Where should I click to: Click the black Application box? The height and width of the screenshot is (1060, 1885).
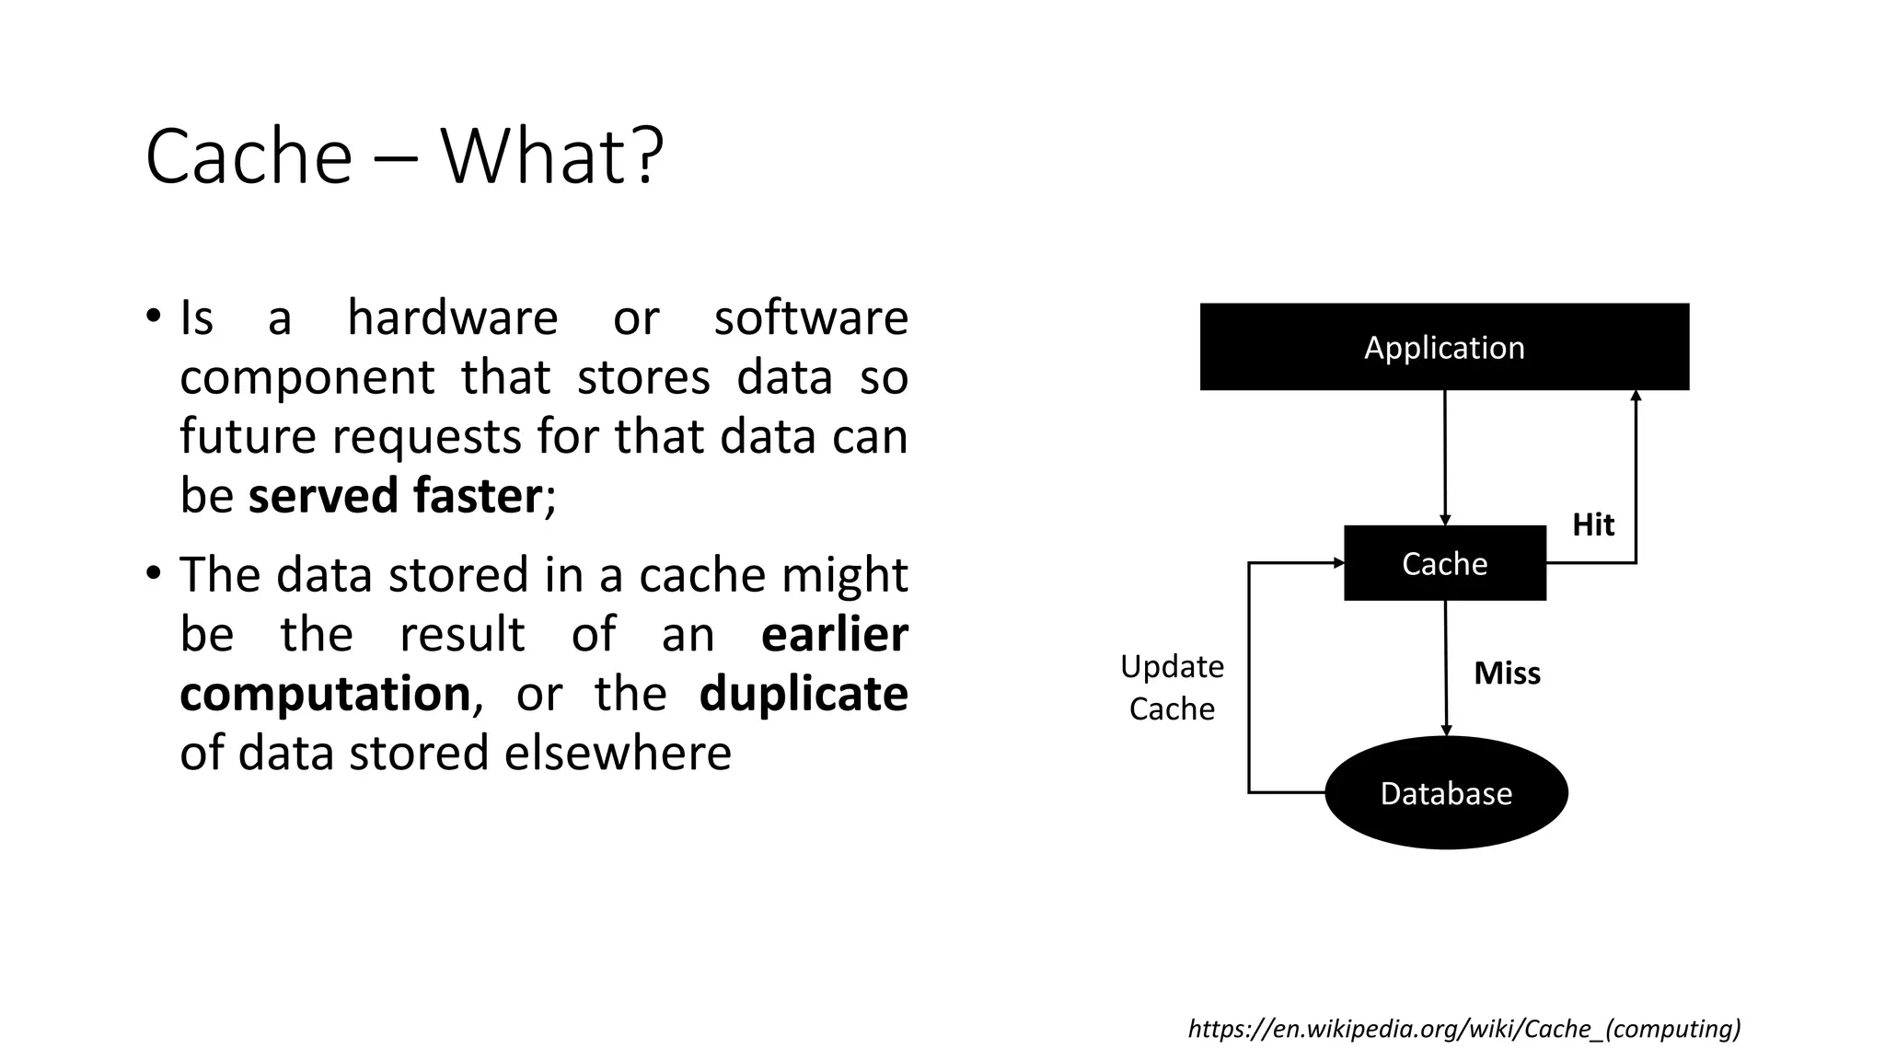coord(1444,347)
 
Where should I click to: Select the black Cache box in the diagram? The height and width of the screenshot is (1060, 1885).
coord(1444,563)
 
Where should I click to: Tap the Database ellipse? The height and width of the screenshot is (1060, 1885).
coord(1445,792)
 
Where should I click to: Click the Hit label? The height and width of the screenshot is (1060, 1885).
coord(1592,524)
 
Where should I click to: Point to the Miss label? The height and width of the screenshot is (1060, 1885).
coord(1507,673)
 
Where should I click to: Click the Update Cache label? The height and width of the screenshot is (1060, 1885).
coord(1172,687)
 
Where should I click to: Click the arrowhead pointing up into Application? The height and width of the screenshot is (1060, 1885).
coord(1636,397)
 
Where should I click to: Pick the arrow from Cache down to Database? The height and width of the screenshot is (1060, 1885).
coord(1446,667)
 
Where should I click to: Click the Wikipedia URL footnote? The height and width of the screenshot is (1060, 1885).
coord(1463,1029)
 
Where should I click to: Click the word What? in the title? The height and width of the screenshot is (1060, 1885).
coord(551,156)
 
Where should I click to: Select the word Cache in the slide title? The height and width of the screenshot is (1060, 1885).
coord(249,156)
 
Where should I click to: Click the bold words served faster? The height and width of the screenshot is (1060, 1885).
coord(394,496)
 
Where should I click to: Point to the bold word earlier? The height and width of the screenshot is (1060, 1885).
coord(834,634)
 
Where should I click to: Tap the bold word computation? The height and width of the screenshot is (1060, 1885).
coord(325,693)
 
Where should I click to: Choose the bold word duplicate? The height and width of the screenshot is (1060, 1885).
coord(803,693)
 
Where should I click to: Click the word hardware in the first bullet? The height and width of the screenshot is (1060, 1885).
coord(452,318)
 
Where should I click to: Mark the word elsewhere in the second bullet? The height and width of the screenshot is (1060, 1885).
coord(617,753)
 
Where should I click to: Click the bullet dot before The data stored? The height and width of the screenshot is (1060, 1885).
coord(154,573)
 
